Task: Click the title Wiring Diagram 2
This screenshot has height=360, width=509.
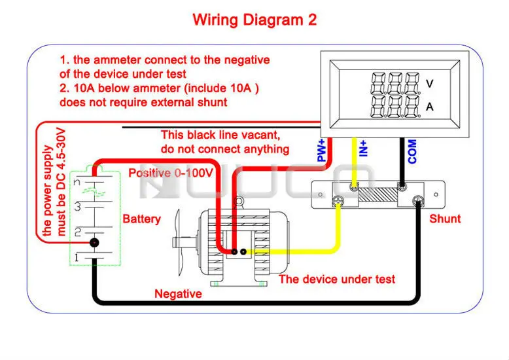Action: coord(254,20)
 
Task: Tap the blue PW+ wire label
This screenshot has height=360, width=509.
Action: coord(321,151)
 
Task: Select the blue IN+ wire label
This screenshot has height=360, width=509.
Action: coord(364,149)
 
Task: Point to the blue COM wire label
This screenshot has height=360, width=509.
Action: coord(412,151)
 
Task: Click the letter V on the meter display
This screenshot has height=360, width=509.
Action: coord(429,84)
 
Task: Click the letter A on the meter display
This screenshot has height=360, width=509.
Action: coord(429,107)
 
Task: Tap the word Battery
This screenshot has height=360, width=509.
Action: coord(141,219)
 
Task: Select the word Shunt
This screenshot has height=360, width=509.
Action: coord(445,219)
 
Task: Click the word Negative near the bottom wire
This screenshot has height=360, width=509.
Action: coord(178,294)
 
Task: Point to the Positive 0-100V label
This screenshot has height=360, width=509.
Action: coord(171,173)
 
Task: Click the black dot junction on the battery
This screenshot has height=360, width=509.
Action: coord(94,242)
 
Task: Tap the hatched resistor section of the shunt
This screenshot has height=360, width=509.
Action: coord(378,194)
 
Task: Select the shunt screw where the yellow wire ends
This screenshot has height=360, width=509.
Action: coord(338,200)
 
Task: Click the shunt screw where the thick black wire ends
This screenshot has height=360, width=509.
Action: coord(418,201)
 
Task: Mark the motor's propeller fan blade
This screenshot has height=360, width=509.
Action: coord(179,243)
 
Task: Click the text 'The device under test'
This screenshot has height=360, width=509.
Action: coord(337,279)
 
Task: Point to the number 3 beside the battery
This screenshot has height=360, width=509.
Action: coord(78,206)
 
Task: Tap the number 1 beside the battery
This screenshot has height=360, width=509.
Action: coord(77,257)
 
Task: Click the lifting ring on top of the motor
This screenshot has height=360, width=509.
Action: coord(239,202)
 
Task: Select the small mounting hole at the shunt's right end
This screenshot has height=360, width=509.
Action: coord(436,194)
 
